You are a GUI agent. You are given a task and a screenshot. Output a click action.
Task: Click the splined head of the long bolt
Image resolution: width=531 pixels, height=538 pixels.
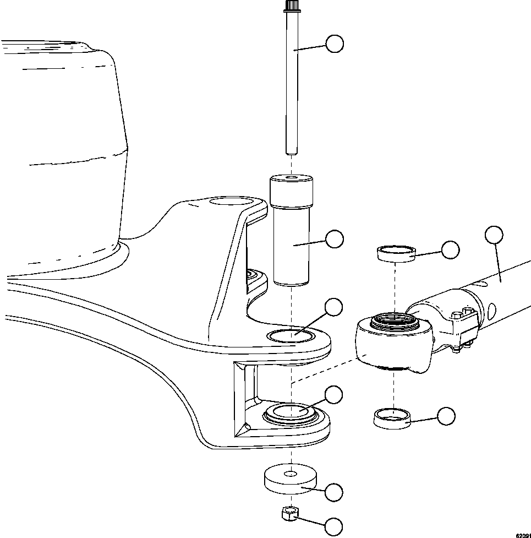pyautogui.click(x=292, y=7)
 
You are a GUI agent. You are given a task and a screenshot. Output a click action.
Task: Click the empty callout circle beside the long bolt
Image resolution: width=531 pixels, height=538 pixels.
pyautogui.click(x=335, y=44)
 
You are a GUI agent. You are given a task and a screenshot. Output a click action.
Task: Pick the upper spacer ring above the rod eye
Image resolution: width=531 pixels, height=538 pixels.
pyautogui.click(x=395, y=253)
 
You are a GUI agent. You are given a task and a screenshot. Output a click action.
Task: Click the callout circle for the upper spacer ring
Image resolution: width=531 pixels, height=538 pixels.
pyautogui.click(x=451, y=249)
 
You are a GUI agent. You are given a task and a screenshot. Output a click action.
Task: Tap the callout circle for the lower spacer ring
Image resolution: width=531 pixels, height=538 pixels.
pyautogui.click(x=446, y=417)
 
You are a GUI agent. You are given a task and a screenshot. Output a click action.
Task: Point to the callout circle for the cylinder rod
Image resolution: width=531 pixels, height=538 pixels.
pyautogui.click(x=494, y=235)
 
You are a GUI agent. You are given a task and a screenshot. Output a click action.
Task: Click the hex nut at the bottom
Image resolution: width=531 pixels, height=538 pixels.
pyautogui.click(x=290, y=514)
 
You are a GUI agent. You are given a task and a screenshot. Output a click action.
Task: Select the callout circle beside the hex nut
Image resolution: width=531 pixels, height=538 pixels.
pyautogui.click(x=335, y=526)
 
